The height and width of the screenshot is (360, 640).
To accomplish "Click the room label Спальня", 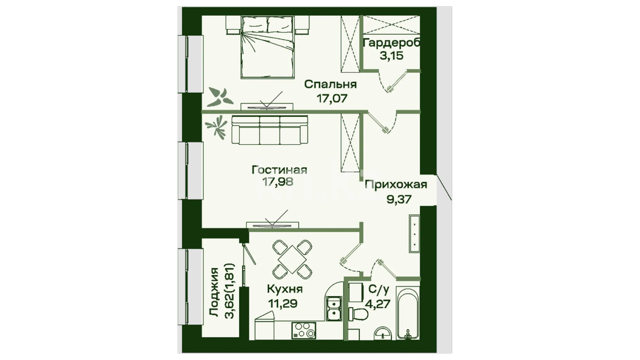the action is coord(330,85).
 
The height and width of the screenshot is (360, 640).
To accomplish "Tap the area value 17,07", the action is coord(331,98).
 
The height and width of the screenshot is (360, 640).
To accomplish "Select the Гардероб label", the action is coord(392,44).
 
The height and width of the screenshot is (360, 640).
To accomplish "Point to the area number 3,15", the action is coord(392,56).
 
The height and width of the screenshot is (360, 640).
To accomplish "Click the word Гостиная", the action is coord(279,170).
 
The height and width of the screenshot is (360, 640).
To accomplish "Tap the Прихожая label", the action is coord(396,185).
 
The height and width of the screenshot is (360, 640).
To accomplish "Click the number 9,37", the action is coord(399,199).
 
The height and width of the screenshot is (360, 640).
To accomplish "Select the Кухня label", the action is coord(285,289).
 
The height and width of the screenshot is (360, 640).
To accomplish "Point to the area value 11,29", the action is coord(283,304).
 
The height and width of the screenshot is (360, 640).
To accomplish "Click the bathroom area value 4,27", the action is coord(379,304).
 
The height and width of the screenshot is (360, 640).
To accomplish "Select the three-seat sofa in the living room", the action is coord(269,130).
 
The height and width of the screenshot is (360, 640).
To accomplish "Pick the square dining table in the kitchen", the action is coord(292,260).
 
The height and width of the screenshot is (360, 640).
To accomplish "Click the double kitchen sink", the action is coord(334,309).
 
